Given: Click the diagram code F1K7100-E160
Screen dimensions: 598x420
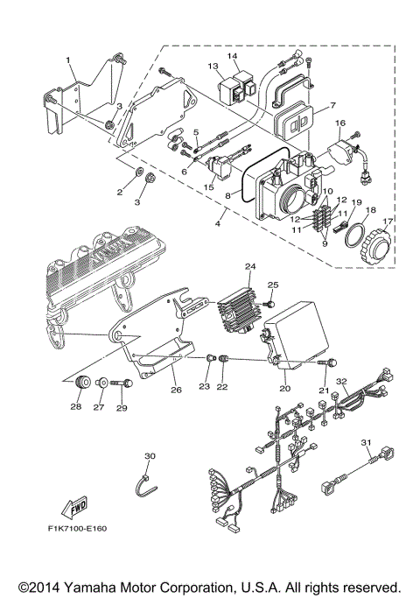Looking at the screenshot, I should click(80, 530).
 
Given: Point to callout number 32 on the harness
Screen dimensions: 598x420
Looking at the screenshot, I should click(343, 381).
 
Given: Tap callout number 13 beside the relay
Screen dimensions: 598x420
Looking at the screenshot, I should click(213, 66).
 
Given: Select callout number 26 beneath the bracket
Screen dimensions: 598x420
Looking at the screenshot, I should click(176, 390).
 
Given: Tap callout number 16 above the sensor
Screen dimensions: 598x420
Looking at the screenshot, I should click(340, 123).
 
